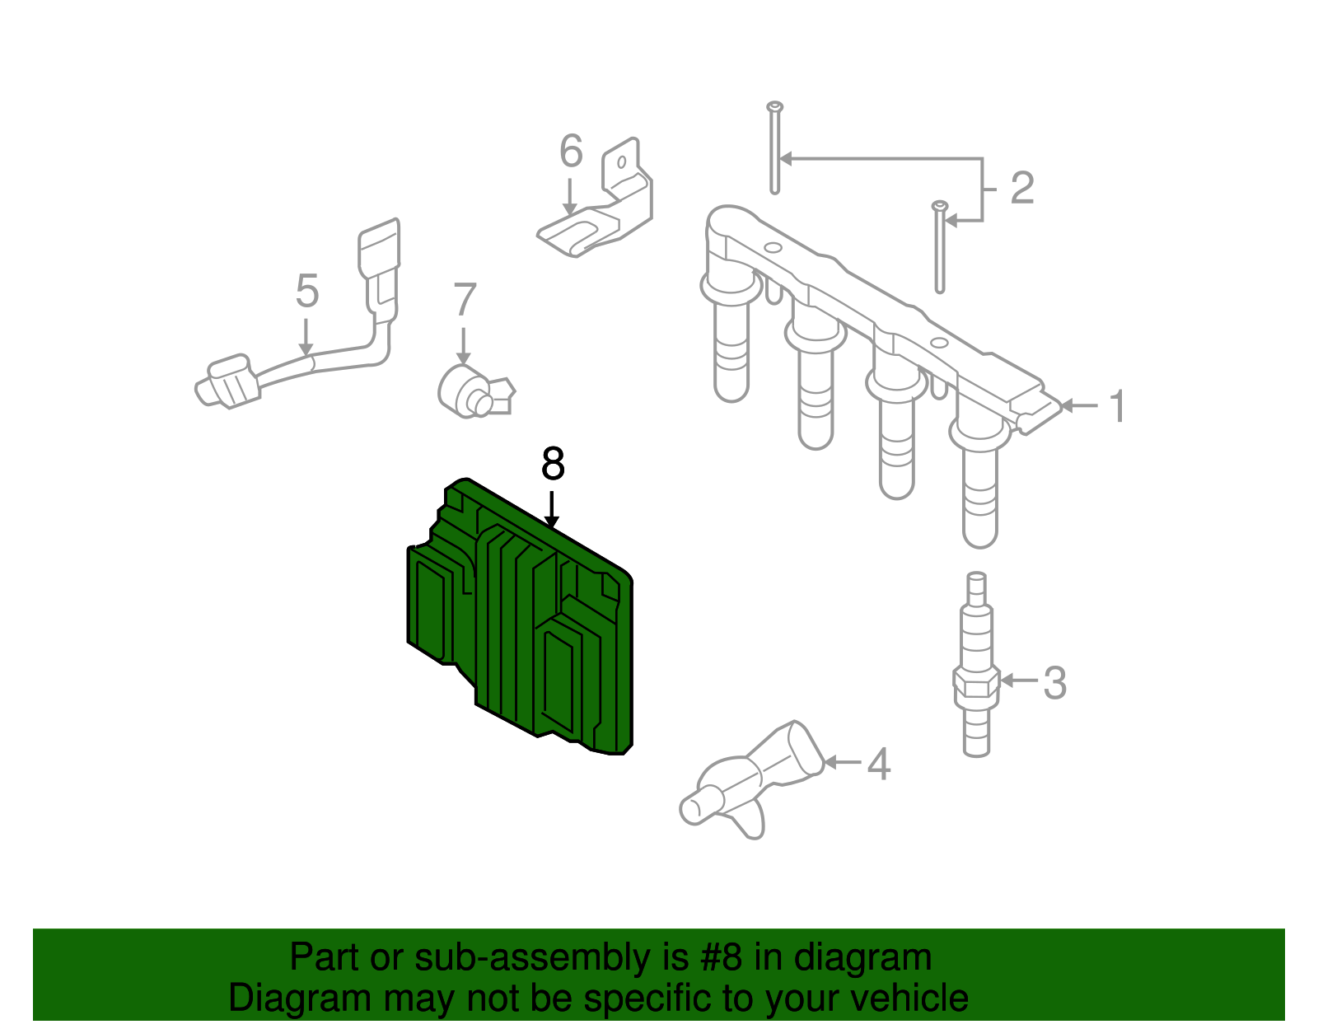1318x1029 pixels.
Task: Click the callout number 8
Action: pyautogui.click(x=553, y=464)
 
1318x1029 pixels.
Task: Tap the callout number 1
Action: pyautogui.click(x=1117, y=406)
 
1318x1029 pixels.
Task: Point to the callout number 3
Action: pyautogui.click(x=1054, y=683)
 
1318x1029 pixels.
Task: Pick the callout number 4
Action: pyautogui.click(x=879, y=764)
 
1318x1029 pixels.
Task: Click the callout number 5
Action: pyautogui.click(x=307, y=291)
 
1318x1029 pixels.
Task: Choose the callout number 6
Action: pyautogui.click(x=572, y=150)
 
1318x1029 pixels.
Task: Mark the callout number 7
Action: pyautogui.click(x=465, y=299)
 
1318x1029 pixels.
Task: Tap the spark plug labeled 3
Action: pyautogui.click(x=976, y=664)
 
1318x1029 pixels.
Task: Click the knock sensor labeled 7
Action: pyautogui.click(x=474, y=391)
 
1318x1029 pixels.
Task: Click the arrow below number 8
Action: pyautogui.click(x=551, y=509)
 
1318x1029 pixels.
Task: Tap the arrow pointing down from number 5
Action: pyautogui.click(x=306, y=336)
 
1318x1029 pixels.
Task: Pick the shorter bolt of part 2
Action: pyautogui.click(x=940, y=247)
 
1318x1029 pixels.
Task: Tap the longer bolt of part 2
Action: pyautogui.click(x=774, y=148)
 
